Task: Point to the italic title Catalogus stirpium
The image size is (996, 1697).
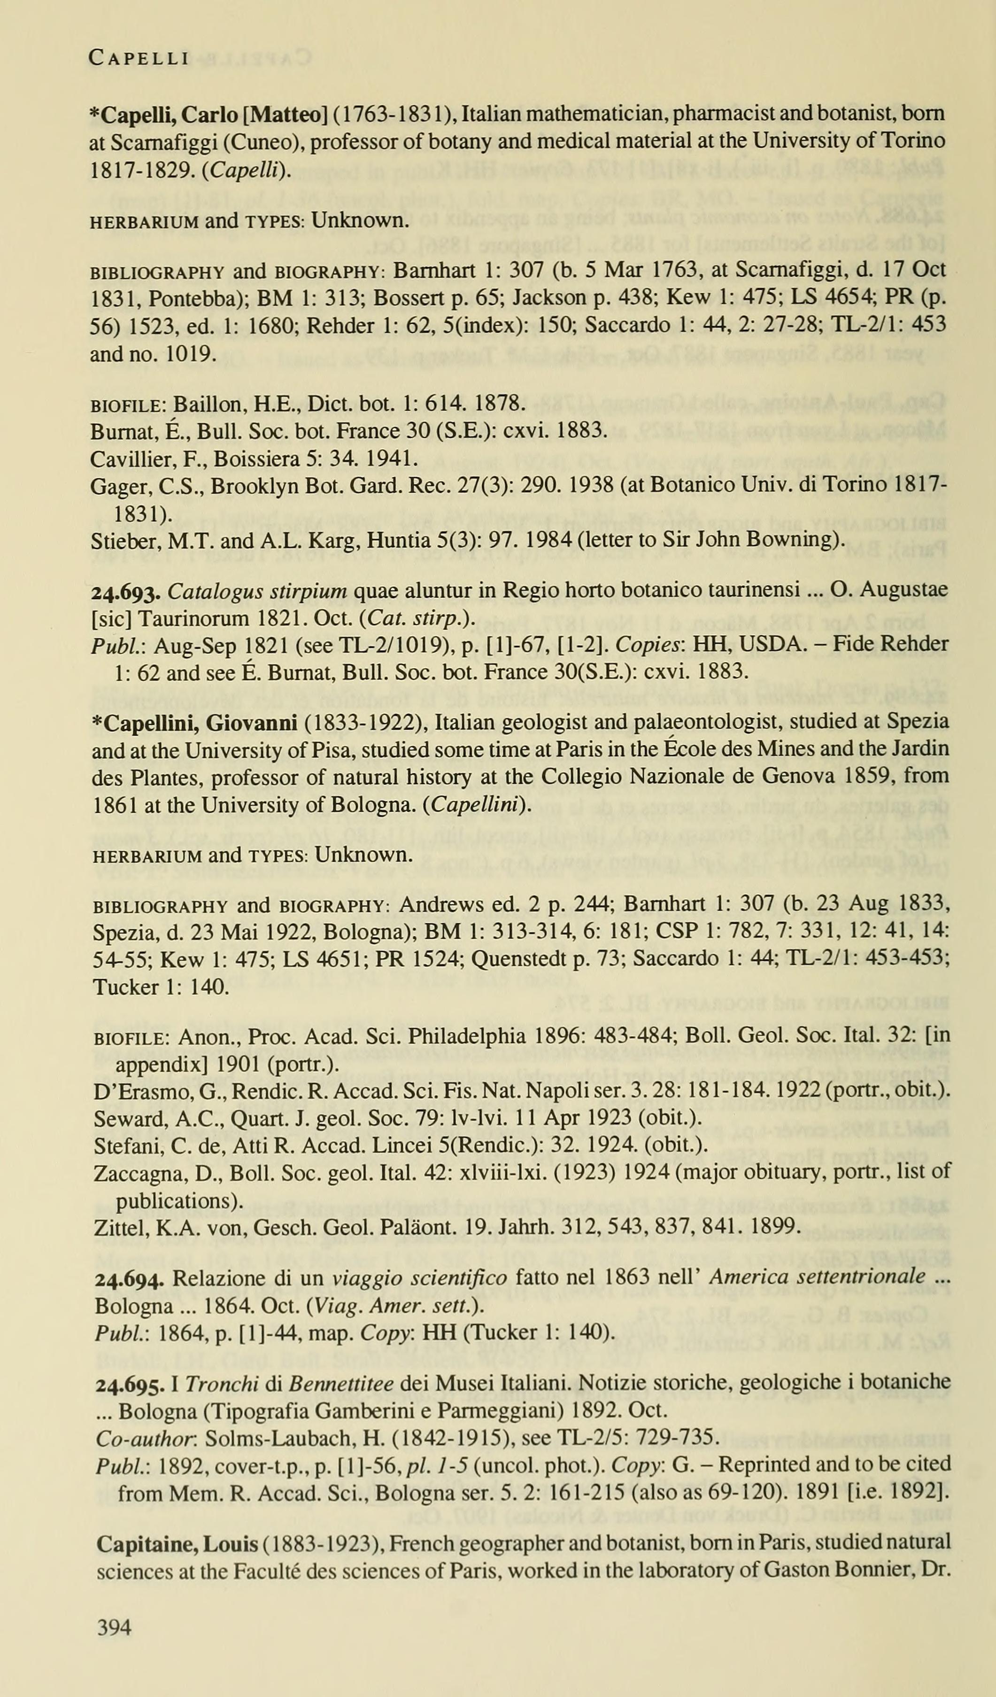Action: [x=257, y=591]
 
